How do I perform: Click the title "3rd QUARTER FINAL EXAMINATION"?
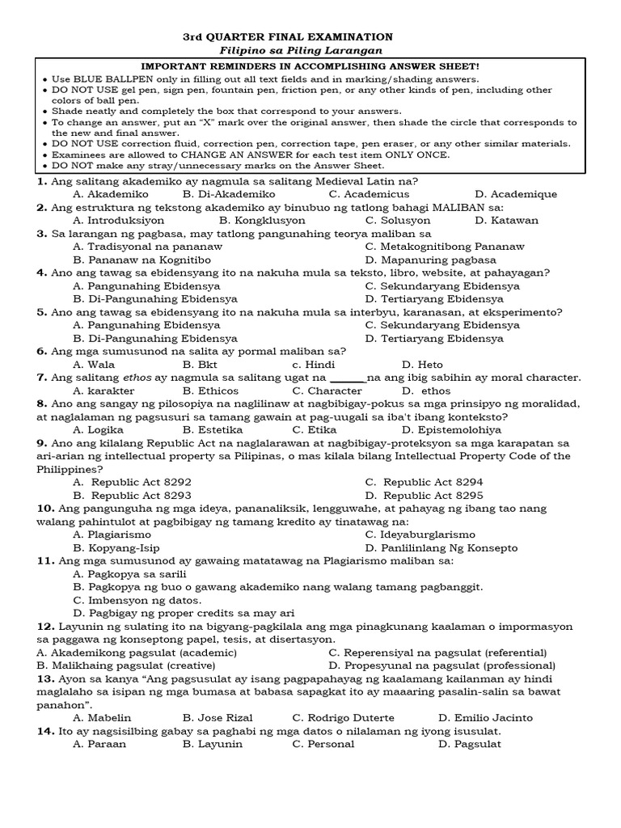point(289,36)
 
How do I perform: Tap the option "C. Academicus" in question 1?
point(369,194)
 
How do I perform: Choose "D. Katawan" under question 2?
point(506,220)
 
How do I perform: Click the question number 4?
point(41,272)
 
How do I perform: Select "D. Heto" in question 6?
point(422,365)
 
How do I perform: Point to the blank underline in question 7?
point(349,378)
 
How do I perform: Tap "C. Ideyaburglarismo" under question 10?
point(420,534)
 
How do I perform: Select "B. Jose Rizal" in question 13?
point(218,717)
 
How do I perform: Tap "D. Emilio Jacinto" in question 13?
point(487,717)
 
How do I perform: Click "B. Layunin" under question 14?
point(212,744)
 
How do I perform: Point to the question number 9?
point(41,443)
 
